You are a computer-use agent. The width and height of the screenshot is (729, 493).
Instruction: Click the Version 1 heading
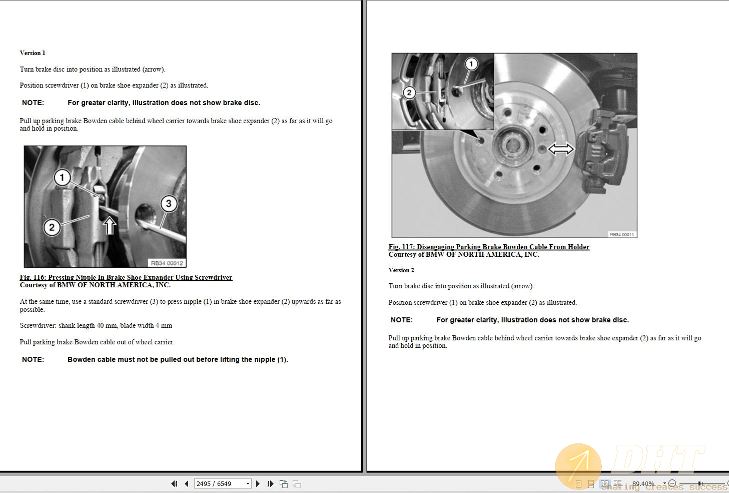point(33,53)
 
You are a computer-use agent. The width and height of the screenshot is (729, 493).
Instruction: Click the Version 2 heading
point(401,270)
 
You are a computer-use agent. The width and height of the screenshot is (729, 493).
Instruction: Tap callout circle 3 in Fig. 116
point(169,203)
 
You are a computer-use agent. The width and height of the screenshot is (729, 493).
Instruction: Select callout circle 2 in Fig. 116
point(52,227)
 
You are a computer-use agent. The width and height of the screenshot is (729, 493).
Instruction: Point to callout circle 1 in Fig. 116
point(62,177)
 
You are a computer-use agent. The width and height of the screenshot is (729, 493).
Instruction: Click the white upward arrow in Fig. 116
point(110,226)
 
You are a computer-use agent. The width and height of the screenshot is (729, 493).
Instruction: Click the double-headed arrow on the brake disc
point(561,149)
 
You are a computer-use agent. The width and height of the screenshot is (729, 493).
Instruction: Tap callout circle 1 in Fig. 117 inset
point(471,64)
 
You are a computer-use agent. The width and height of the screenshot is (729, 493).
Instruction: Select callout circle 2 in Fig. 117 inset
point(409,93)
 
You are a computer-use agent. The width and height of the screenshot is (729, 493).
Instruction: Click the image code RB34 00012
point(167,263)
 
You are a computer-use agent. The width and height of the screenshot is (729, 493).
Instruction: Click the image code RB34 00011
point(621,234)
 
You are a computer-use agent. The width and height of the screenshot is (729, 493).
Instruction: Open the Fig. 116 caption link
point(126,277)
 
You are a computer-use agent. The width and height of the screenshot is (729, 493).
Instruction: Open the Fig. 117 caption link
point(489,247)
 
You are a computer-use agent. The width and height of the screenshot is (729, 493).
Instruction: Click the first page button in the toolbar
point(174,483)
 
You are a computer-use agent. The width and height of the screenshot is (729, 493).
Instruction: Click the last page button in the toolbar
point(271,483)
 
